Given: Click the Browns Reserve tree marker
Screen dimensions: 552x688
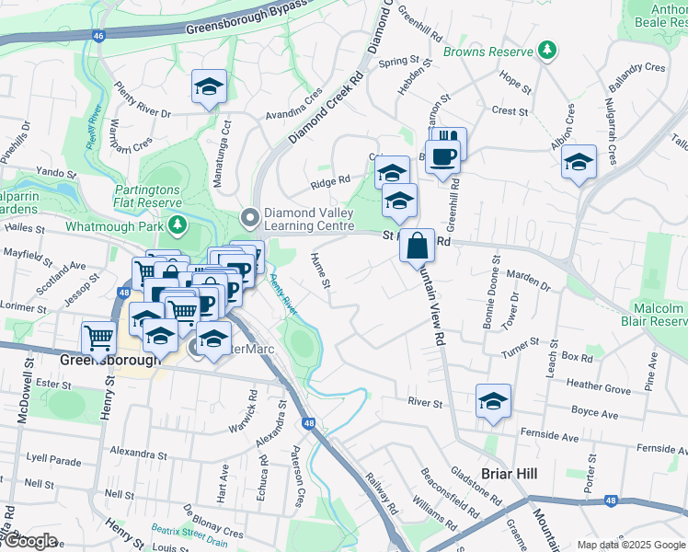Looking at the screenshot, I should coord(548,49).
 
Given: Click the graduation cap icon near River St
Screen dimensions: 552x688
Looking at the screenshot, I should coord(493,401).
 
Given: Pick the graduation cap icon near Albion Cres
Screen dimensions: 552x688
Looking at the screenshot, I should coord(579,163).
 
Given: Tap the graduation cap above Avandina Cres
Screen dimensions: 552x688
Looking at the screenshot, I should coord(210,87).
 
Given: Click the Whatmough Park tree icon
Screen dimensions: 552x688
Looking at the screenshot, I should coord(176,225).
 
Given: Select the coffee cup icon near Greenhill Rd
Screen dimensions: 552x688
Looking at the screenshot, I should coord(442,156).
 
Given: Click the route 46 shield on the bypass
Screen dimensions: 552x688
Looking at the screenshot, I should coord(99,35).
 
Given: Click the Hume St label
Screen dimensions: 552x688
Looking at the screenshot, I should coord(320,270).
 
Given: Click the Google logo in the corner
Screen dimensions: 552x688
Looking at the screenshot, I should coord(29,541).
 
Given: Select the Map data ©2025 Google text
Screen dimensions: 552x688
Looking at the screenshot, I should coord(630,545).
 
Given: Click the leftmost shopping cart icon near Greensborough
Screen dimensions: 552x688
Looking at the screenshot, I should coord(98,337).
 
